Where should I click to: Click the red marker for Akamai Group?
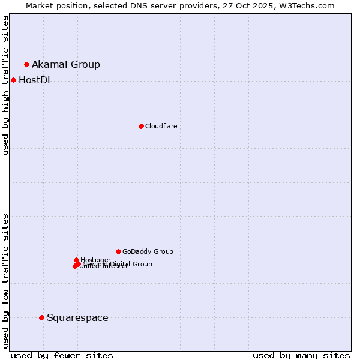(x=26, y=64)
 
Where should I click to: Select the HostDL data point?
(x=13, y=80)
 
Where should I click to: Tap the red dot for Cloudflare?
(x=141, y=126)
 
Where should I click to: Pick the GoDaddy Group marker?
(x=118, y=251)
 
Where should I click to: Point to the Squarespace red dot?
(x=41, y=317)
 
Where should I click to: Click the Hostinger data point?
(x=76, y=260)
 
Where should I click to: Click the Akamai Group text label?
(x=66, y=64)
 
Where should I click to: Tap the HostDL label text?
(x=35, y=80)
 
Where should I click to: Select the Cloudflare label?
(x=161, y=126)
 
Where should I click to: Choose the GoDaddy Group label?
(x=148, y=251)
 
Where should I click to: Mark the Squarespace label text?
(x=77, y=317)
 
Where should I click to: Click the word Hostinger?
(x=95, y=260)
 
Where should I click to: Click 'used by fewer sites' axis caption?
(x=62, y=355)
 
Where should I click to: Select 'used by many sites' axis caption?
(x=301, y=355)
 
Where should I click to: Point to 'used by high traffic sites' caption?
(x=6, y=85)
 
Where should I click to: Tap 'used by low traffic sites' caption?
(x=6, y=280)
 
